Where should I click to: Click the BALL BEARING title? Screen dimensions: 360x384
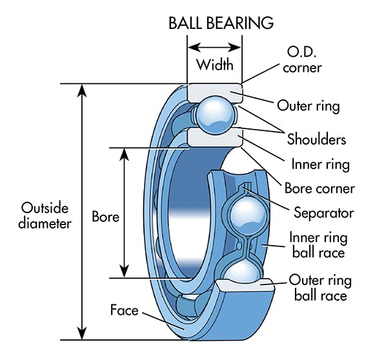point(221,23)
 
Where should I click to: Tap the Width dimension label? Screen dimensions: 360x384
point(214,65)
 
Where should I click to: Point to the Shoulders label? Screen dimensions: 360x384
point(316,139)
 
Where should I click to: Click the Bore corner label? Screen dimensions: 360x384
point(319,188)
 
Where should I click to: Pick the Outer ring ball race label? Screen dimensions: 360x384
point(320,288)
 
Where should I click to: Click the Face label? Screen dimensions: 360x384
point(124,310)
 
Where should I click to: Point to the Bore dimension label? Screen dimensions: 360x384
point(105,217)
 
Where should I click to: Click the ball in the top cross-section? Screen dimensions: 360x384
point(214,114)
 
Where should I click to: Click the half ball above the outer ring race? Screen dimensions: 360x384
point(240,272)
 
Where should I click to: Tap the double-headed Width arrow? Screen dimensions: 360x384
point(214,47)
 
